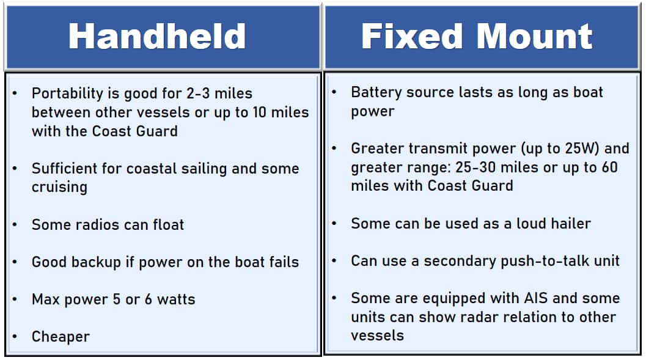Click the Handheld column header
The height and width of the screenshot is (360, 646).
157,37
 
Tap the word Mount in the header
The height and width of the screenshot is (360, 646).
536,37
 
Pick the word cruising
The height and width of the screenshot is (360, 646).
59,187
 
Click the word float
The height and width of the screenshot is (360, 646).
166,224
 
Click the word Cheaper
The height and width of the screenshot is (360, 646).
61,337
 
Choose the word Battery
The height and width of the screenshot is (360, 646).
375,92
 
